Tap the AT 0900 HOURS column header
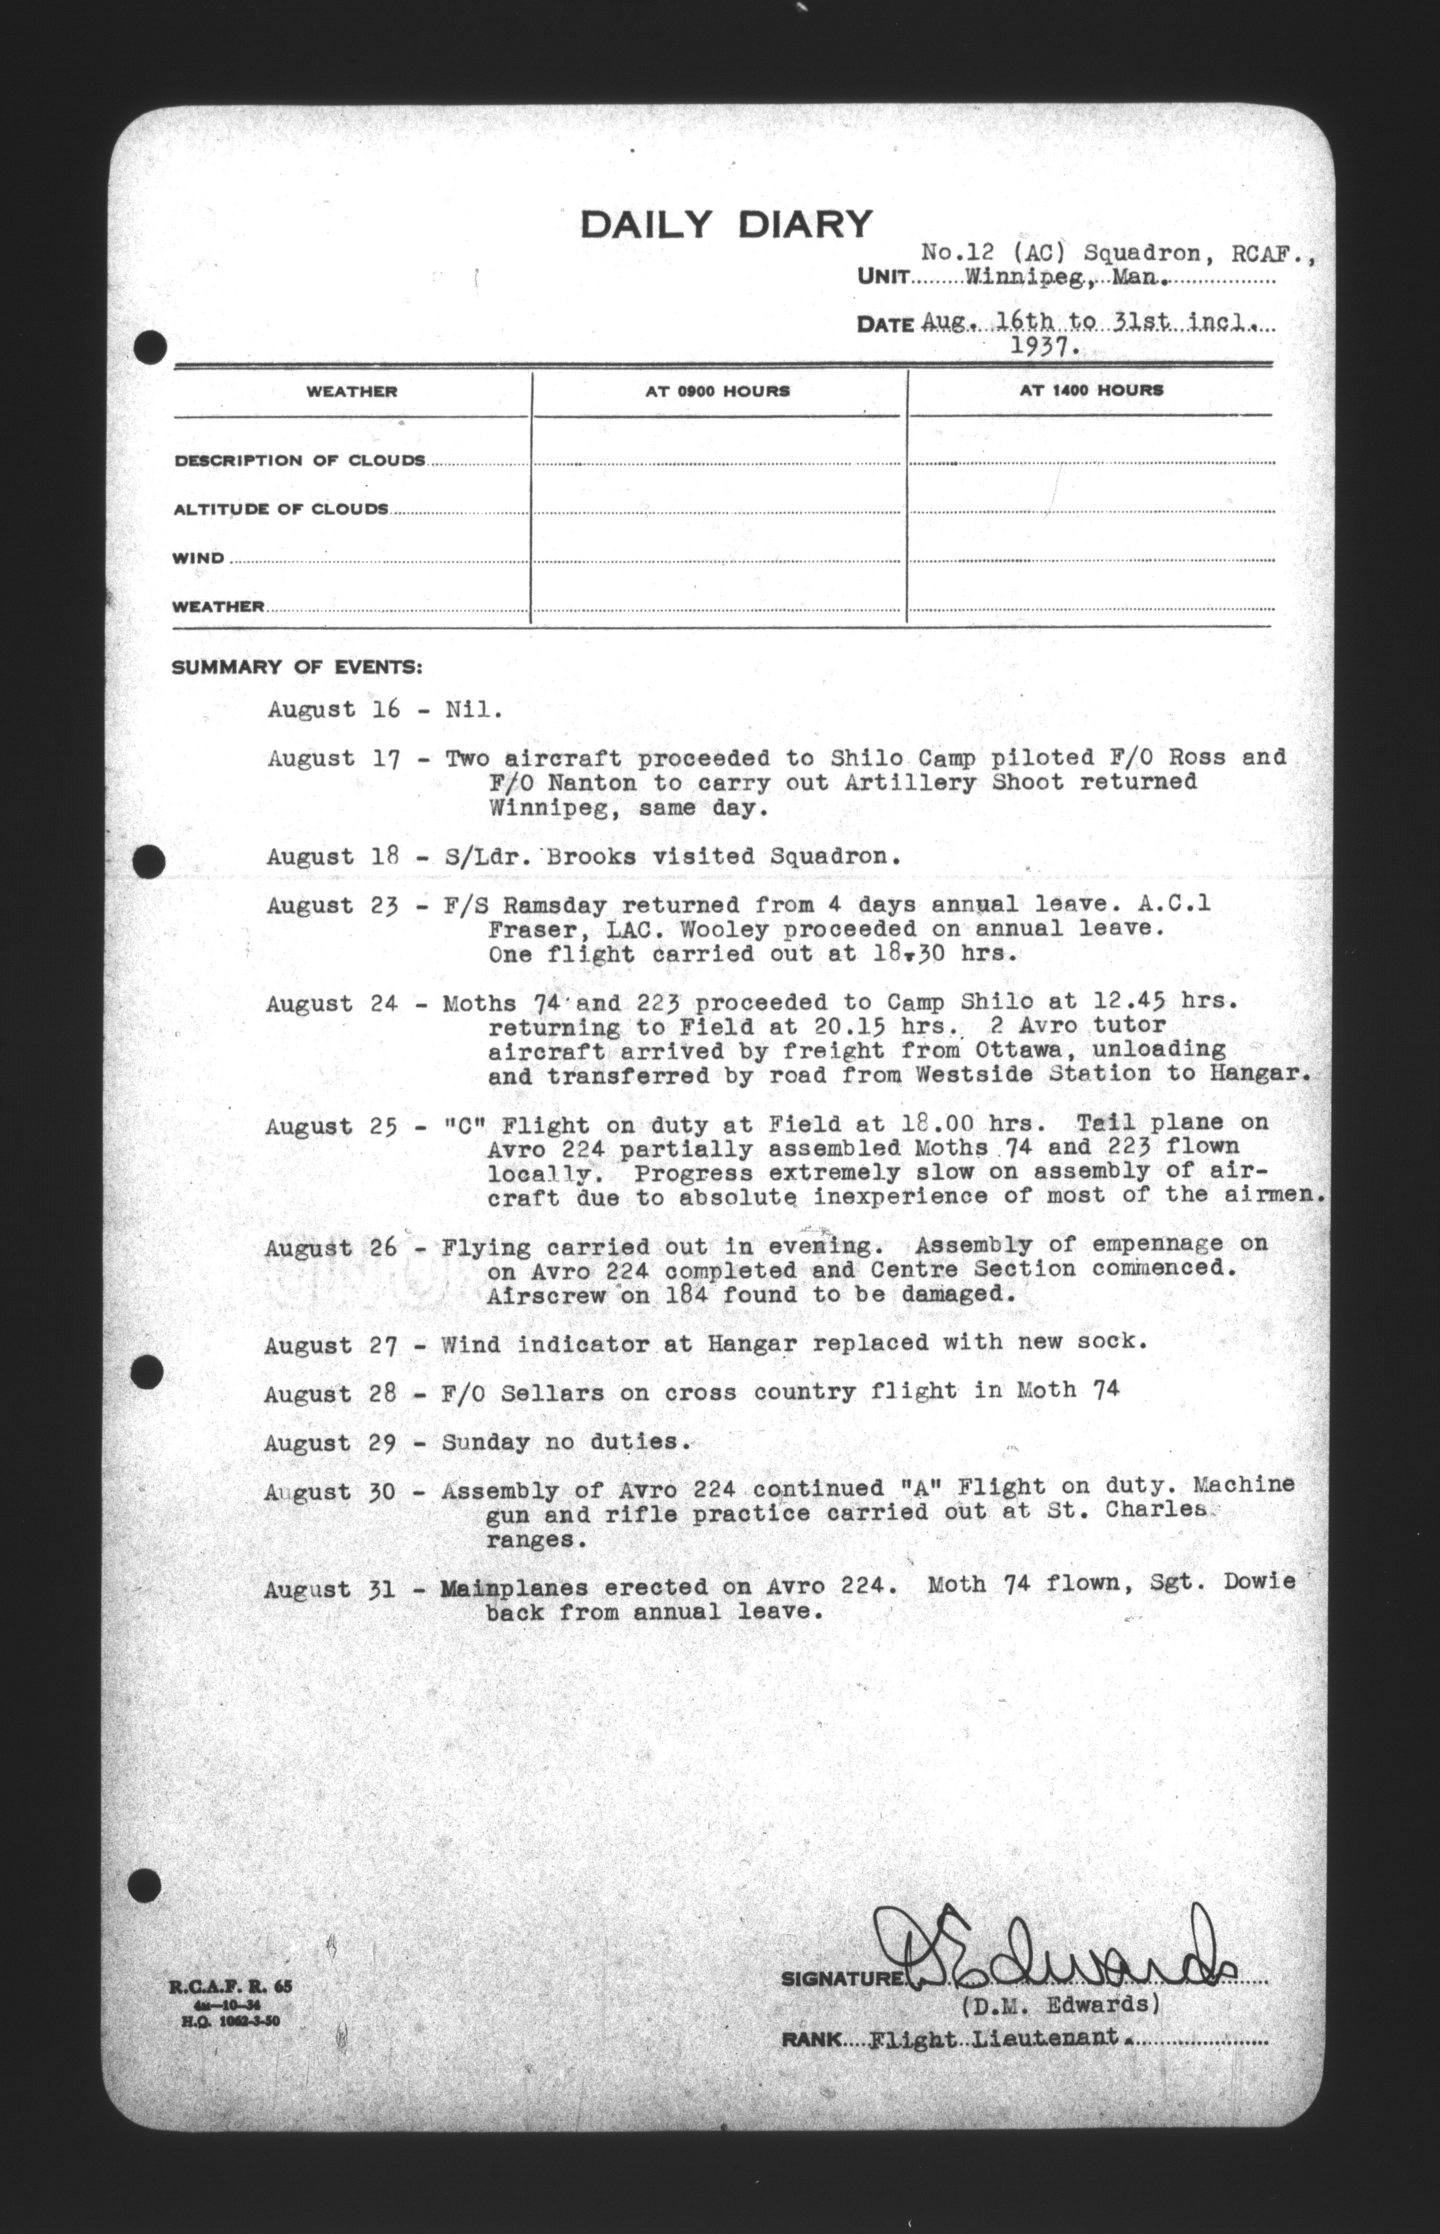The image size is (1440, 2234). coord(717,391)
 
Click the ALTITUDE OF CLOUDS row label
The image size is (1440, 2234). coord(281,509)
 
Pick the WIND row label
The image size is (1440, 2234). coord(198,558)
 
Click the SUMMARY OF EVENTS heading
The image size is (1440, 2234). coord(297,667)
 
